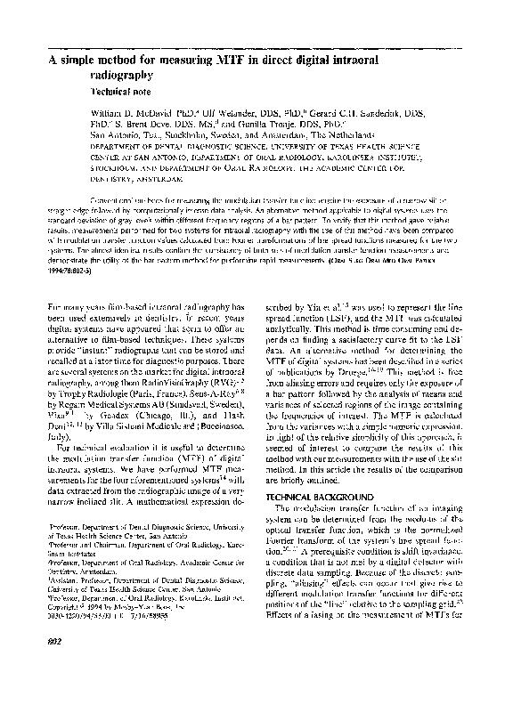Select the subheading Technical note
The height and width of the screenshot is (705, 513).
click(126, 93)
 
